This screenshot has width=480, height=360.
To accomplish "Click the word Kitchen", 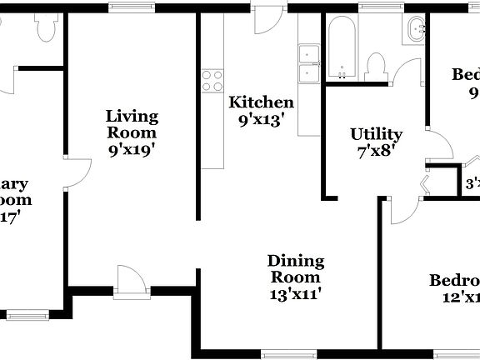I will [262, 102].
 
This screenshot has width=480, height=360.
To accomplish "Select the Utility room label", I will [376, 134].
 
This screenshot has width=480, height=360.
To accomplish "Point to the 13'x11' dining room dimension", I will [296, 293].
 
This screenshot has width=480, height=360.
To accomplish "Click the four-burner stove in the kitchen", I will [212, 80].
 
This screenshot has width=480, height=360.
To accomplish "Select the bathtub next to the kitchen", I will [342, 46].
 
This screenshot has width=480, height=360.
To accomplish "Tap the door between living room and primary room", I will [75, 175].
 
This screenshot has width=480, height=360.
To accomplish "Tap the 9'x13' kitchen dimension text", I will [262, 119].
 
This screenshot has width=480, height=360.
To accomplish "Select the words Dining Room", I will [296, 269].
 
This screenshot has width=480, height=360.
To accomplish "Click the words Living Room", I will [132, 124].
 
